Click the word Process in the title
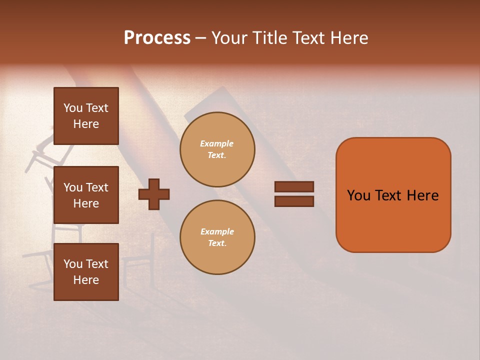click(157, 38)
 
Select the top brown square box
click(86, 116)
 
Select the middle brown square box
click(86, 195)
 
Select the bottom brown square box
click(86, 272)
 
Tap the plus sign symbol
click(154, 194)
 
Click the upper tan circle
click(217, 149)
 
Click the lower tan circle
click(217, 237)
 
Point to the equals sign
click(294, 194)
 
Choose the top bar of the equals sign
click(294, 187)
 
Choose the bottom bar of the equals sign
click(294, 201)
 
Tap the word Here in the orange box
click(422, 195)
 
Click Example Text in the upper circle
click(217, 149)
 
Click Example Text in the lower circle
click(217, 237)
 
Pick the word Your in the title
click(228, 38)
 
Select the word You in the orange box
click(358, 195)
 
